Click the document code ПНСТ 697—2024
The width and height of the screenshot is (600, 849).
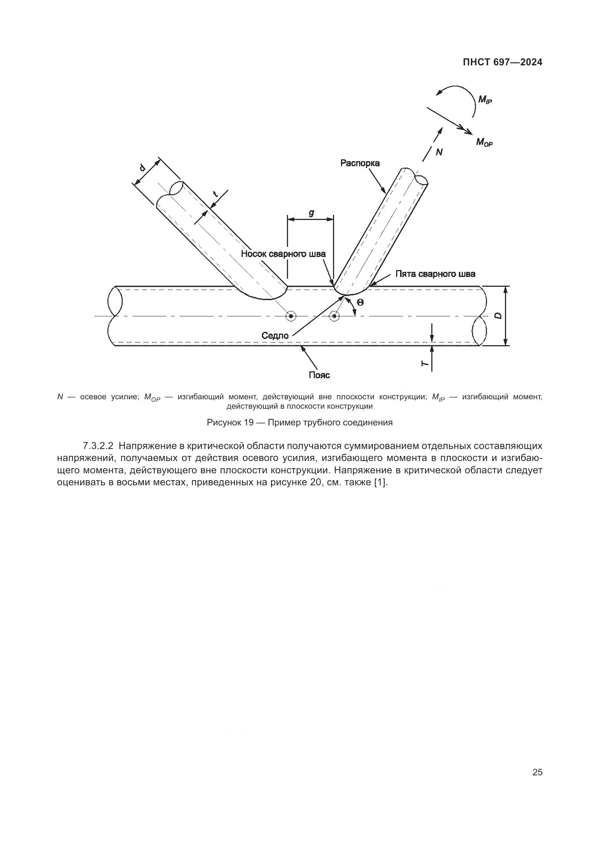(502, 62)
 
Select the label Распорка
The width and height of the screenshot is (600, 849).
(360, 163)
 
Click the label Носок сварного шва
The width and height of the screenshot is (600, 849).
(283, 254)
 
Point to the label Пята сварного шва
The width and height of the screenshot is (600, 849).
(435, 274)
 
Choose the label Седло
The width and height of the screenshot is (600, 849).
(275, 335)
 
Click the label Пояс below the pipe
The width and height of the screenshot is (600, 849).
(319, 375)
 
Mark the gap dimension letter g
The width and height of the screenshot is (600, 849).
(311, 213)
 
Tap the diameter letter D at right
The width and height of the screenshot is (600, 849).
(498, 316)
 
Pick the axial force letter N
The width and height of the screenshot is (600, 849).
(439, 152)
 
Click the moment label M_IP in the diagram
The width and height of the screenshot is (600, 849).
(485, 99)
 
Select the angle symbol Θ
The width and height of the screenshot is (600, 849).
(360, 302)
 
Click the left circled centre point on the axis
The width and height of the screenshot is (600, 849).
(291, 316)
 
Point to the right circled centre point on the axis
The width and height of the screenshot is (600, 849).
(334, 316)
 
